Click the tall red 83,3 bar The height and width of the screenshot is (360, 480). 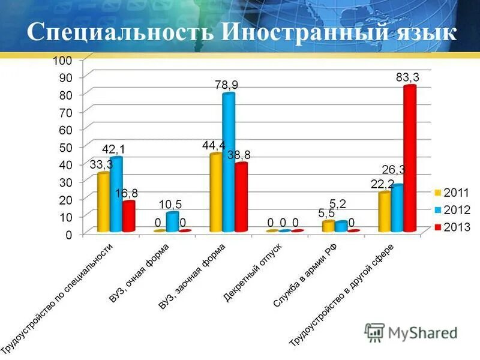410,159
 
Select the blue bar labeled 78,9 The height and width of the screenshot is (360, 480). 228,162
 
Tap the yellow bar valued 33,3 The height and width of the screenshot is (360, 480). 104,202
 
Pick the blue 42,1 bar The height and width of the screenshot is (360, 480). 116,194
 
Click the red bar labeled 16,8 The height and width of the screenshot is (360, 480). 128,217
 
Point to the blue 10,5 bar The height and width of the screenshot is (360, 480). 172,222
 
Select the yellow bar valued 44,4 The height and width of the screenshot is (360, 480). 215,193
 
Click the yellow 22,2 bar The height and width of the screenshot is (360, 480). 385,212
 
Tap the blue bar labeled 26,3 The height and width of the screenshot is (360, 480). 397,208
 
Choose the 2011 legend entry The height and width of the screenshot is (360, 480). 453,193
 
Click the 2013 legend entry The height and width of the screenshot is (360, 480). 453,227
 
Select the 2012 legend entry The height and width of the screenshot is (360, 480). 453,210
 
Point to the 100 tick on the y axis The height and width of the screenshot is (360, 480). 62,60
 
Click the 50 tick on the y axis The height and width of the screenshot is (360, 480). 65,147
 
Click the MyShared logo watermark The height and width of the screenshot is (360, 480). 410,332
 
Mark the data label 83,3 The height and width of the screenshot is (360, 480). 407,77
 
